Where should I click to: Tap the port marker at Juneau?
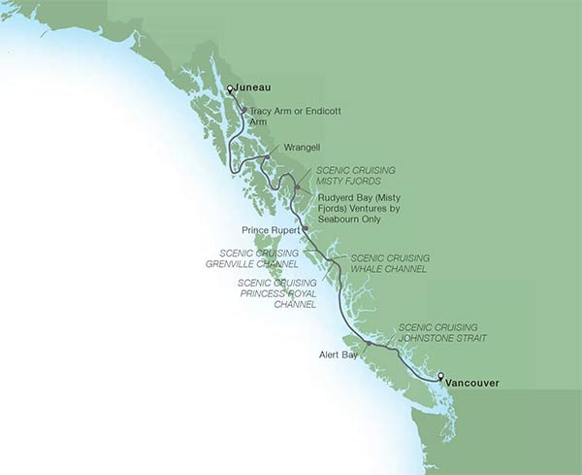(x=230, y=89)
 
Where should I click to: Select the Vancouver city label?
(x=472, y=383)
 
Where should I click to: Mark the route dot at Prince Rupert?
(x=305, y=228)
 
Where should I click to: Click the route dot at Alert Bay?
(x=369, y=343)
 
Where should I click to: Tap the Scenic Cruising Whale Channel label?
(x=379, y=263)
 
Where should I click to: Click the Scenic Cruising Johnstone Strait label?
(x=441, y=332)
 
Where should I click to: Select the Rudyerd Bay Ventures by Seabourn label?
(x=359, y=208)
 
